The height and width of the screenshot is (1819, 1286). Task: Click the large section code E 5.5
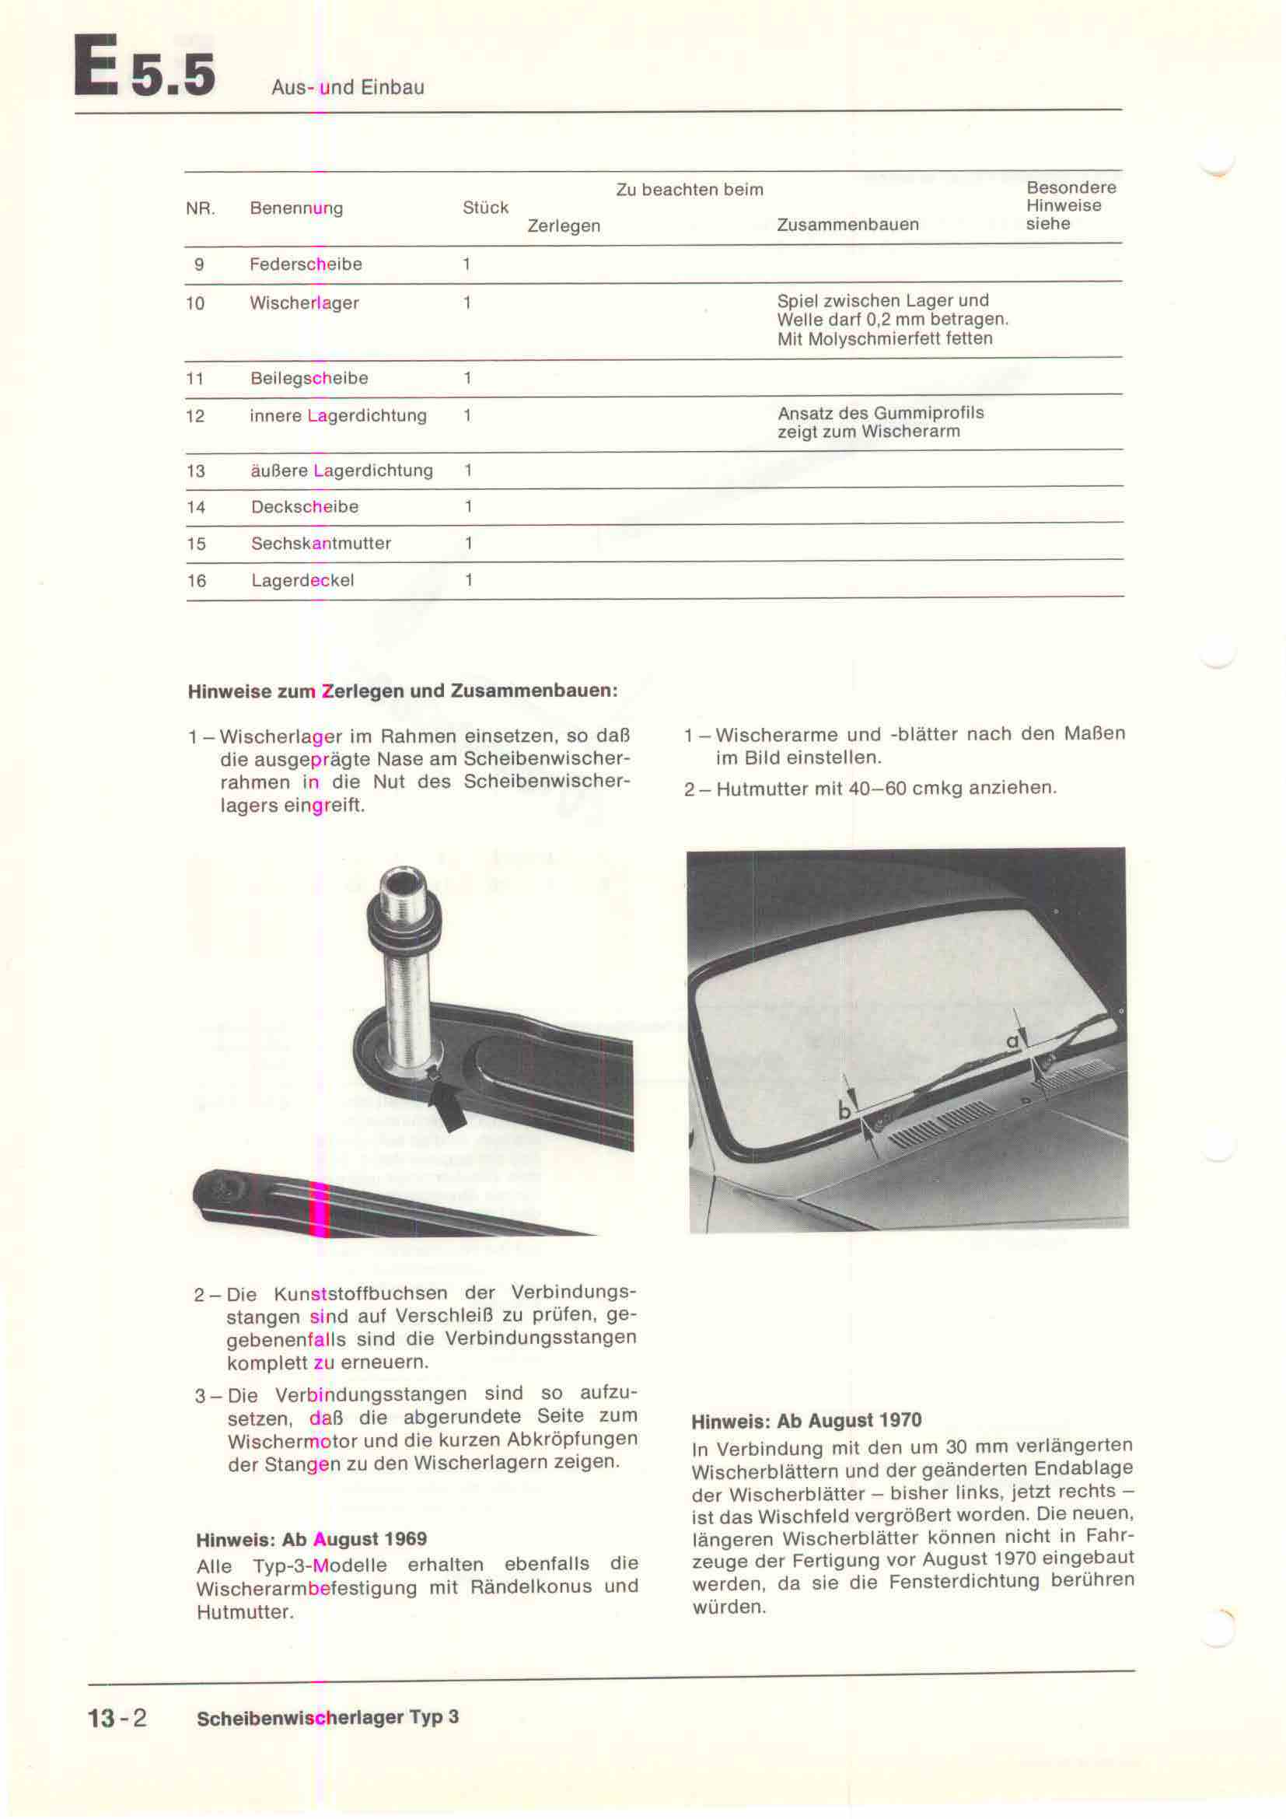coord(144,68)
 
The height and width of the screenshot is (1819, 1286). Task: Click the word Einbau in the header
coord(397,87)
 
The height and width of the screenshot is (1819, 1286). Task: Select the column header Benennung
coord(296,208)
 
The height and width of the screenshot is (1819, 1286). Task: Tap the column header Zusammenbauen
coord(847,225)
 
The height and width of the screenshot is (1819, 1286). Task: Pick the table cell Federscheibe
coord(306,264)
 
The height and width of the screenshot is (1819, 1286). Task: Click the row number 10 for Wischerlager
coord(195,303)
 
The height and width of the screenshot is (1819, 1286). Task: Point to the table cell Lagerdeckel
coord(302,581)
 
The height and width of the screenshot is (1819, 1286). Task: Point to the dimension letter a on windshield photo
coord(1012,1042)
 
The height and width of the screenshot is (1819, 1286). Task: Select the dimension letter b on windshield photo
coord(845,1111)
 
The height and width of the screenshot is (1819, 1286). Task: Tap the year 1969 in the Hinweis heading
coord(404,1539)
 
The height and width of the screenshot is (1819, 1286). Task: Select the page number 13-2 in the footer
coord(117,1734)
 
